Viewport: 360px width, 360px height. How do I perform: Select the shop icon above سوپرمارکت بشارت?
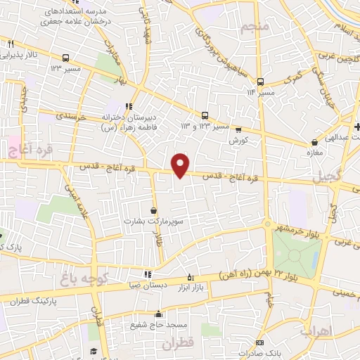click(154, 210)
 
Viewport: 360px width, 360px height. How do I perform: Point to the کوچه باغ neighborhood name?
click(82, 279)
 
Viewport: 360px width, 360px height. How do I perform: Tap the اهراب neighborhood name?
click(315, 329)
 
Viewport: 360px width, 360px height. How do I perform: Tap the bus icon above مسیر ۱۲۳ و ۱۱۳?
click(205, 115)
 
